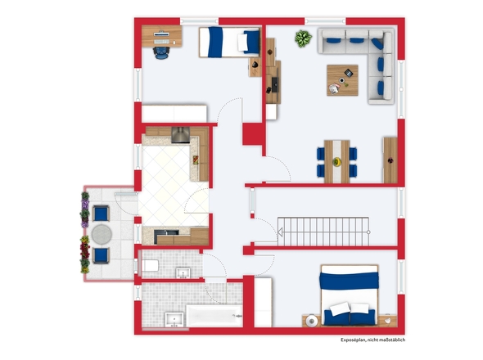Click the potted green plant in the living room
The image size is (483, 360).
pyautogui.click(x=304, y=38)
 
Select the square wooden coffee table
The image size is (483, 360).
pyautogui.click(x=342, y=80)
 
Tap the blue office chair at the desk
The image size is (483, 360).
pyautogui.click(x=161, y=52)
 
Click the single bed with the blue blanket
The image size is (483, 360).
pyautogui.click(x=229, y=43)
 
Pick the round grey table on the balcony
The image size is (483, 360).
pyautogui.click(x=102, y=234)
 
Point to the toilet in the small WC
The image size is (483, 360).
pyautogui.click(x=150, y=265)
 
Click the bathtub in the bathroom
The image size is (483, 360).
pyautogui.click(x=214, y=316)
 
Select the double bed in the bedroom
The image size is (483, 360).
pyautogui.click(x=350, y=295)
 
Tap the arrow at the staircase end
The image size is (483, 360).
pyautogui.click(x=280, y=232)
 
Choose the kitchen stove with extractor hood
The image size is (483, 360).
pyautogui.click(x=180, y=135)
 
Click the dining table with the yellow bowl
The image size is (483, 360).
pyautogui.click(x=336, y=162)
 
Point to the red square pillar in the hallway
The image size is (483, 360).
pyautogui.click(x=253, y=134)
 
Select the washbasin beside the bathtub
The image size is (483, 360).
pyautogui.click(x=174, y=320)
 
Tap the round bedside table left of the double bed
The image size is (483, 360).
pyautogui.click(x=312, y=321)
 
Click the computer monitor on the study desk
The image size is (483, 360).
pyautogui.click(x=162, y=34)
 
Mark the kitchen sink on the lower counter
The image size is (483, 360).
pyautogui.click(x=166, y=232)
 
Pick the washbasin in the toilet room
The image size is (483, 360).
pyautogui.click(x=183, y=272)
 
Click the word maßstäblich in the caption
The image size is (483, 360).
pyautogui.click(x=394, y=340)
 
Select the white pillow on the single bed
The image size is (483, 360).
pyautogui.click(x=242, y=43)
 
